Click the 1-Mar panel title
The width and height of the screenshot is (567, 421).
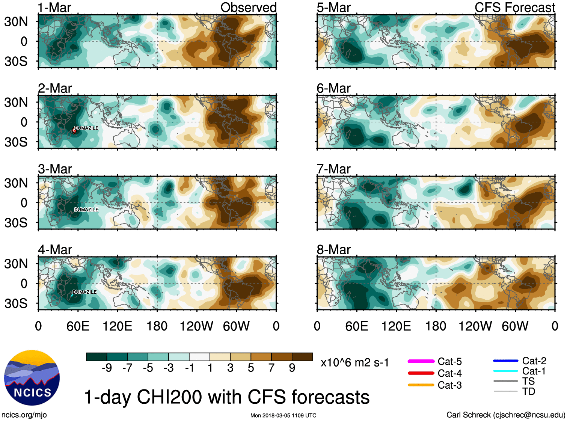tap(54, 8)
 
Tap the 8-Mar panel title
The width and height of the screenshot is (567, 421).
tap(333, 249)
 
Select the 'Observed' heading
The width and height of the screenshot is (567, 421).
tap(248, 8)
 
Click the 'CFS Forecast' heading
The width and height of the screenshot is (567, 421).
tap(514, 8)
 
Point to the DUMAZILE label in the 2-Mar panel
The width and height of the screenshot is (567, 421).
tap(86, 128)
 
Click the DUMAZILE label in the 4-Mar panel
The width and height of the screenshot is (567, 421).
tap(84, 292)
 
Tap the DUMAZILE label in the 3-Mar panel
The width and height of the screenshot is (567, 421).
tap(86, 210)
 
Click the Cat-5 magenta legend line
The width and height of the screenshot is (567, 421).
tap(421, 361)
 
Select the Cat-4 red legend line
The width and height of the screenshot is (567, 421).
tap(421, 373)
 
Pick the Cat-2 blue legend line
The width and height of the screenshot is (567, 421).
tap(505, 361)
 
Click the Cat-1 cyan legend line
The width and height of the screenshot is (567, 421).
tap(505, 371)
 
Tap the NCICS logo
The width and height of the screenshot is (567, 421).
tap(32, 378)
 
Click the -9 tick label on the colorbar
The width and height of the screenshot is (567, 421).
tap(107, 368)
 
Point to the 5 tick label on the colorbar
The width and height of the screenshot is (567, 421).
tap(251, 368)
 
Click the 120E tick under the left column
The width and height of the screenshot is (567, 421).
tap(117, 326)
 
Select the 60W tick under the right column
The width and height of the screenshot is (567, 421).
tap(515, 326)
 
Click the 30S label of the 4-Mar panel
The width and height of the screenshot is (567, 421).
tap(16, 303)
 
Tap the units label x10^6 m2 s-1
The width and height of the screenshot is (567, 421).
tap(354, 363)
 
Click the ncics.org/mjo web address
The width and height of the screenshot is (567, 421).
tap(24, 415)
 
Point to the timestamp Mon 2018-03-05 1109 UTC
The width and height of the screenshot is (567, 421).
tap(283, 415)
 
